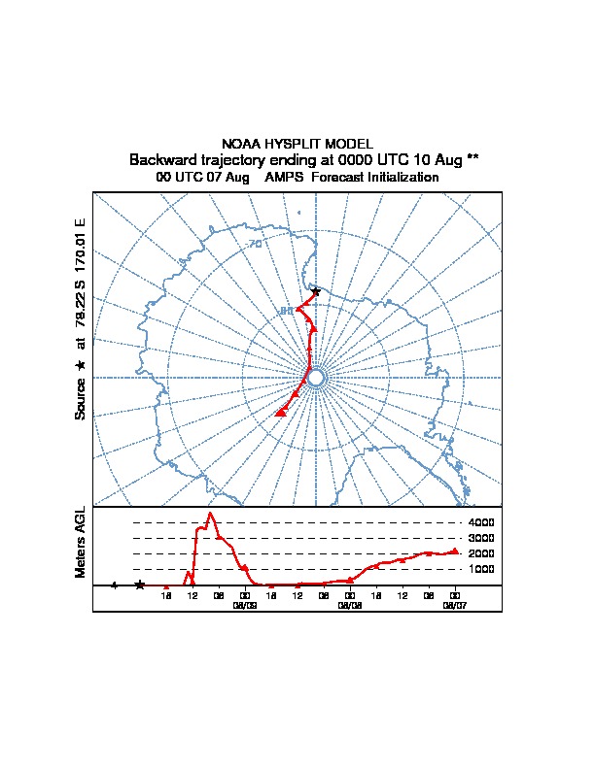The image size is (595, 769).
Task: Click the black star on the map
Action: pyautogui.click(x=316, y=291)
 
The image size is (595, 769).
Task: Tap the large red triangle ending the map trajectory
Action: pyautogui.click(x=281, y=412)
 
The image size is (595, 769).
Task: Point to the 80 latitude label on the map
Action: pyautogui.click(x=286, y=311)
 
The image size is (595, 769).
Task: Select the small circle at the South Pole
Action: pyautogui.click(x=316, y=377)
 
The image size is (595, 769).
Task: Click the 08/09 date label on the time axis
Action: pyautogui.click(x=245, y=603)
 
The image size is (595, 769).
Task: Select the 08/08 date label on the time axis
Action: pyautogui.click(x=350, y=603)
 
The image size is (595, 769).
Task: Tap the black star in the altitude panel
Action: pyautogui.click(x=140, y=585)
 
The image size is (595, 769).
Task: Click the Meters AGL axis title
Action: pyautogui.click(x=81, y=542)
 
